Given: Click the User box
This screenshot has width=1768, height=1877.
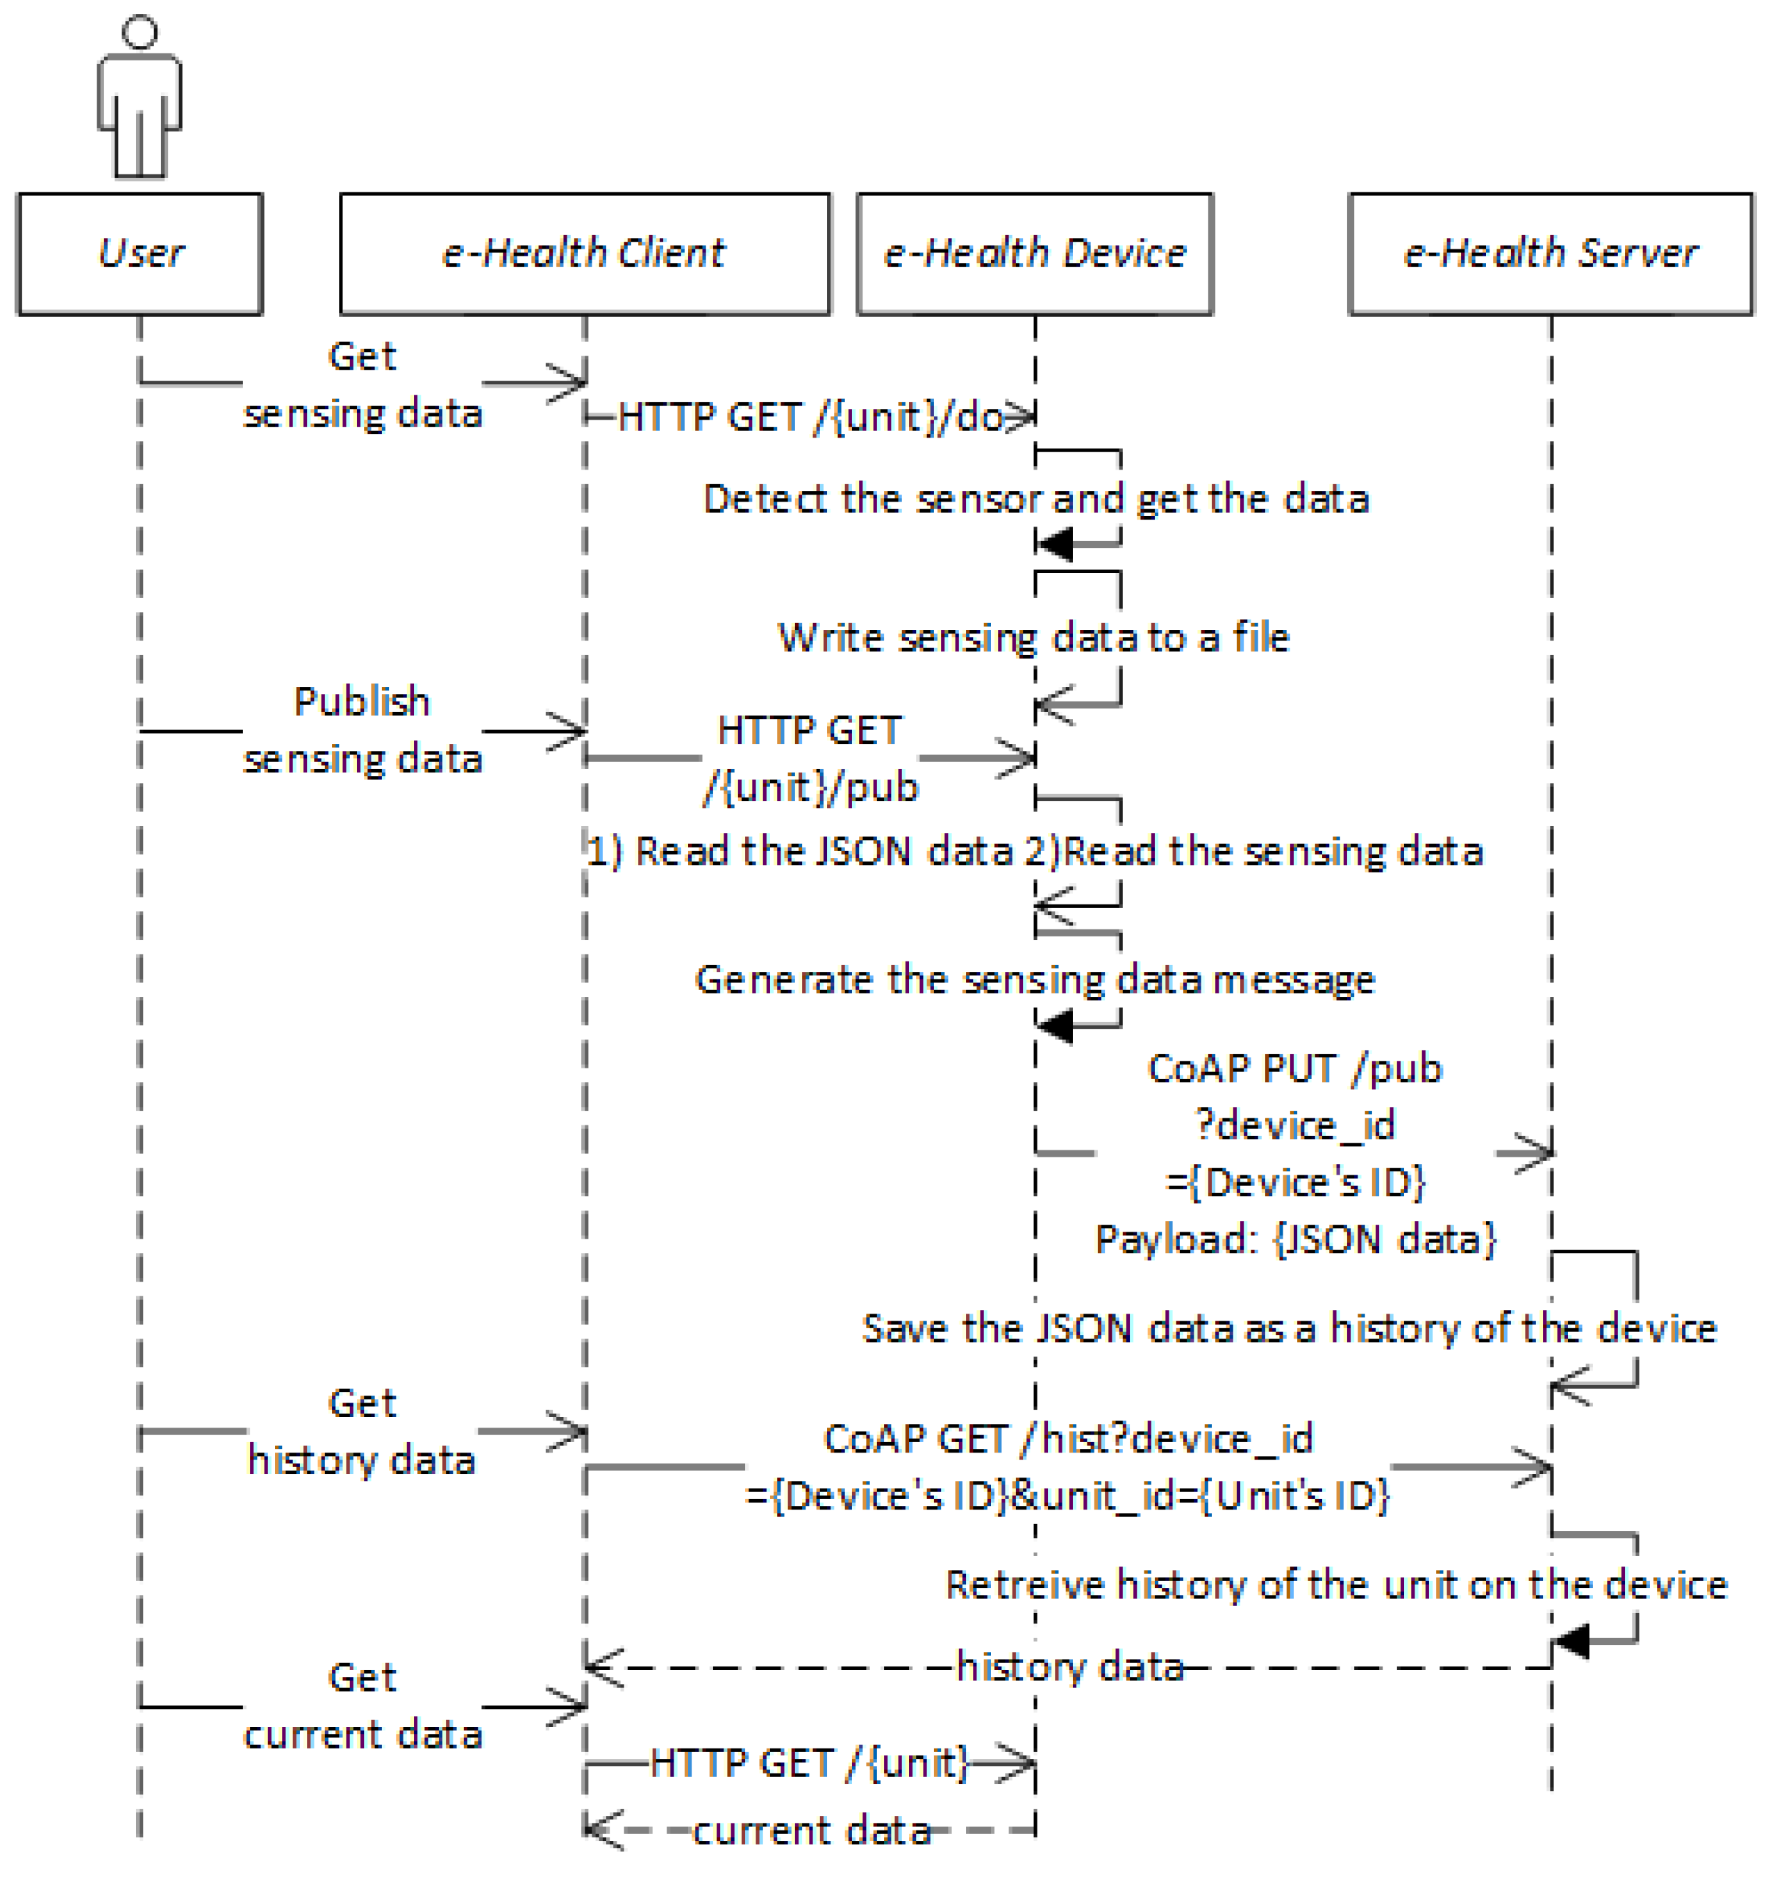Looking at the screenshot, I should pyautogui.click(x=140, y=253).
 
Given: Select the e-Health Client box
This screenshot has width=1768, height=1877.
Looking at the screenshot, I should pyautogui.click(x=584, y=253).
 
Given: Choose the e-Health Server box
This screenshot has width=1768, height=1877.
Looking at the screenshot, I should pyautogui.click(x=1549, y=253).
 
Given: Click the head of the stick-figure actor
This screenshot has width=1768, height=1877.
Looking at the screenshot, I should pyautogui.click(x=140, y=32).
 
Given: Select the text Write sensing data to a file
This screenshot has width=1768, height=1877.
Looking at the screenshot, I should pyautogui.click(x=1033, y=637).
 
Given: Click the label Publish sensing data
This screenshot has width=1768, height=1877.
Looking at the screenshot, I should pyautogui.click(x=362, y=730).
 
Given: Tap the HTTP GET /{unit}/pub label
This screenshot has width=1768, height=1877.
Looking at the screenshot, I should pyautogui.click(x=810, y=758).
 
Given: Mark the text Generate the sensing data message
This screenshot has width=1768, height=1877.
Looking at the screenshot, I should pyautogui.click(x=1035, y=979).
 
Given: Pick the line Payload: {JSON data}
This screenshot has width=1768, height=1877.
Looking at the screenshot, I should pyautogui.click(x=1294, y=1239).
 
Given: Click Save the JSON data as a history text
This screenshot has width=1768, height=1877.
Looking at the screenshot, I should pyautogui.click(x=1288, y=1328).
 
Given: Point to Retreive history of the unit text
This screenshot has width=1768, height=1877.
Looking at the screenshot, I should pyautogui.click(x=1335, y=1585).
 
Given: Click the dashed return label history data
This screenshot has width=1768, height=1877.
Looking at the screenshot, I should pyautogui.click(x=1069, y=1667).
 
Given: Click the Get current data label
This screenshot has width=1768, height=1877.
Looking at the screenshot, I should pyautogui.click(x=362, y=1706).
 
